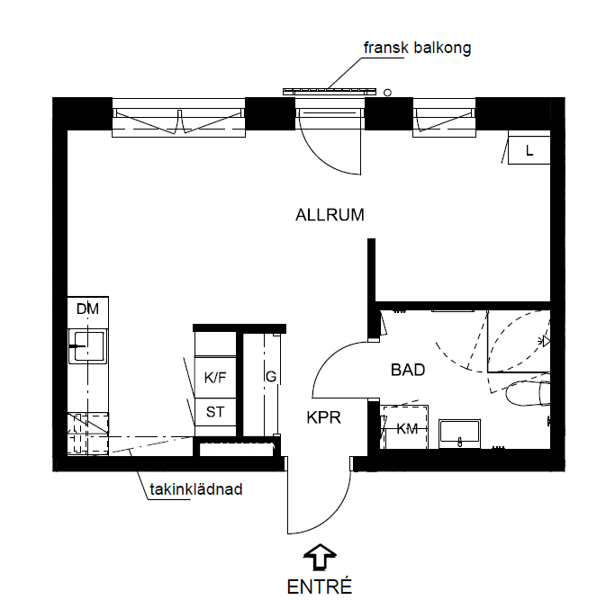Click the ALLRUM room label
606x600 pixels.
point(330,215)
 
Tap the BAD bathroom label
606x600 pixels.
point(408,370)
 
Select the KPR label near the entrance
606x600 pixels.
point(324,417)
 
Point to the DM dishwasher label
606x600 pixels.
point(87,309)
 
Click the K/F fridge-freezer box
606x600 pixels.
point(215,377)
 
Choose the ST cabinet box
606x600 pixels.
point(215,412)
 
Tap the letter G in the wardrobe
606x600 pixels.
point(271,376)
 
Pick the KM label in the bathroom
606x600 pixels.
point(407,428)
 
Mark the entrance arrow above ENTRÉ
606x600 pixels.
point(320,557)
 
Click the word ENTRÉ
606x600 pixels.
point(320,587)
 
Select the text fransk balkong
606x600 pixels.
point(418,48)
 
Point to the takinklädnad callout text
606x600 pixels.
point(196,489)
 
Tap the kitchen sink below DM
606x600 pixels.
point(87,346)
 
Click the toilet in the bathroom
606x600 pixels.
point(528,393)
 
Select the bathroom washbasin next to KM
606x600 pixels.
point(459,434)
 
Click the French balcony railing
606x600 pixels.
point(330,92)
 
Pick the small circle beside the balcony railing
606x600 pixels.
point(387,93)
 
